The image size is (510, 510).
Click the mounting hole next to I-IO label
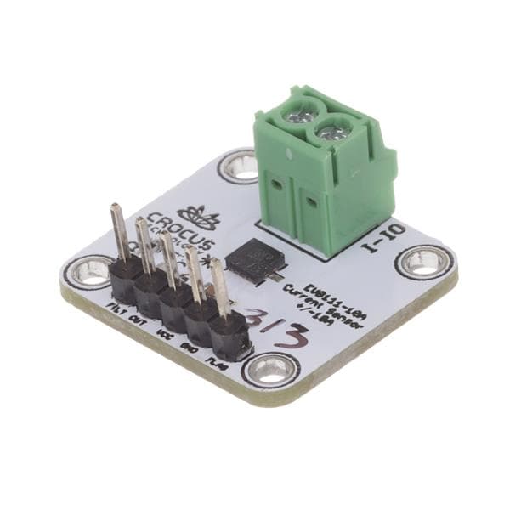tap(423, 261)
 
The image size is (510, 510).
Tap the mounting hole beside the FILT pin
tap(90, 271)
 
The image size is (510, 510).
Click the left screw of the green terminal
tap(302, 108)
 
